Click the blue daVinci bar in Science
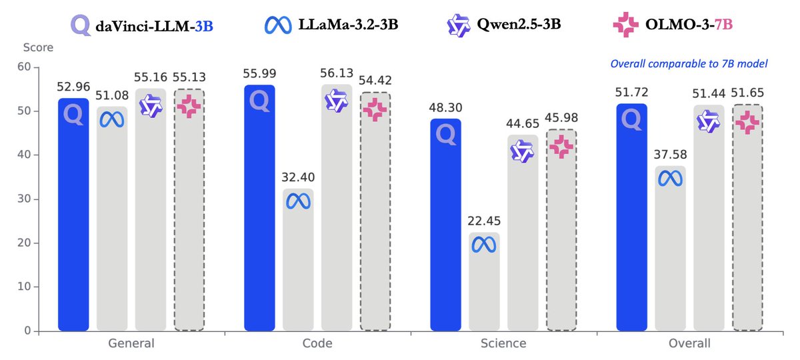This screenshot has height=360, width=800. [x=445, y=227]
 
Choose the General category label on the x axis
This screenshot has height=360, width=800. [x=131, y=344]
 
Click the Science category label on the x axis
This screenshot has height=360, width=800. [x=503, y=344]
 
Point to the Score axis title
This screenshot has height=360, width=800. [x=38, y=47]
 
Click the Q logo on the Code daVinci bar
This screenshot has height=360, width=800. [x=259, y=101]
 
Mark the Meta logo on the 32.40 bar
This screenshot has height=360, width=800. [x=298, y=201]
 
